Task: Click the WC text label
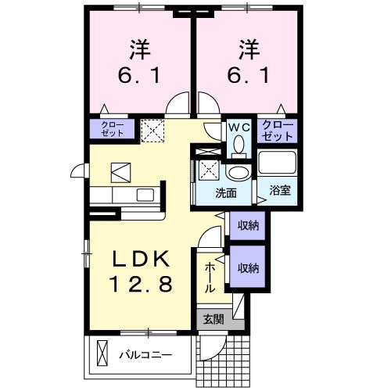tap(239, 126)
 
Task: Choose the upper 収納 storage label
tap(249, 225)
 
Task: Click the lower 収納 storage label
tap(249, 268)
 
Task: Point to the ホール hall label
tap(210, 278)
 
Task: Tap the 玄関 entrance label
tap(213, 319)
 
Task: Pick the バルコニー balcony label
tap(145, 355)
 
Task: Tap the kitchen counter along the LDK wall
tap(125, 195)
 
